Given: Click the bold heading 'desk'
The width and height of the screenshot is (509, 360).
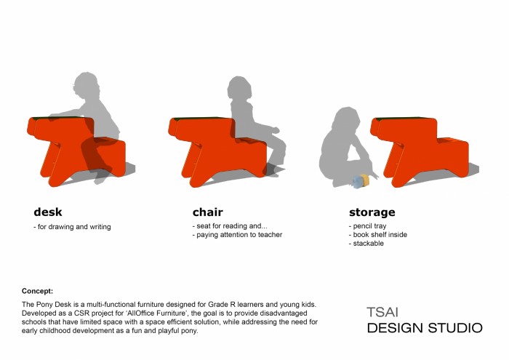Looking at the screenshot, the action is (x=48, y=212).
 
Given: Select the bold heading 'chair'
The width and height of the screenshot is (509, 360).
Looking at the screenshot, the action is (x=208, y=212).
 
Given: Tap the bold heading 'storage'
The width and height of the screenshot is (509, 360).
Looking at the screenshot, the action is (x=372, y=212).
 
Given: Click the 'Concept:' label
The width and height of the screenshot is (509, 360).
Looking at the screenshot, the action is (x=37, y=291).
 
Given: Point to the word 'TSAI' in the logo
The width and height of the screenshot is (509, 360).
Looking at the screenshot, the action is (x=382, y=312).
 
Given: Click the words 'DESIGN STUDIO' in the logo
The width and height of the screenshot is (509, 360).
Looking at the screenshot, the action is (x=425, y=328).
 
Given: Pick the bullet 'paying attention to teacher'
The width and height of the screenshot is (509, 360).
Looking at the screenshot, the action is (x=237, y=234).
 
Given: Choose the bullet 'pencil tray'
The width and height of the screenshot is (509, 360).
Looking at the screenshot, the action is (x=367, y=225).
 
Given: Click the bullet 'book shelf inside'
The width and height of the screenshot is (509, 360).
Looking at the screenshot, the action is (x=378, y=234).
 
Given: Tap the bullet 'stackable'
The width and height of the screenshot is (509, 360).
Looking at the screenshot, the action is (x=366, y=243).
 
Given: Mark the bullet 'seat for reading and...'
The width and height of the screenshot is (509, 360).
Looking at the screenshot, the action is (x=230, y=225).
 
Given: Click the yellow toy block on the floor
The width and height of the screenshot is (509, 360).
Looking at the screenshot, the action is (x=365, y=180).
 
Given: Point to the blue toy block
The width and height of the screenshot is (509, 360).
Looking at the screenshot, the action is (x=357, y=183).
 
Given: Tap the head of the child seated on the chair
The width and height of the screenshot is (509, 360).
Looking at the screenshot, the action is (x=239, y=88).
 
